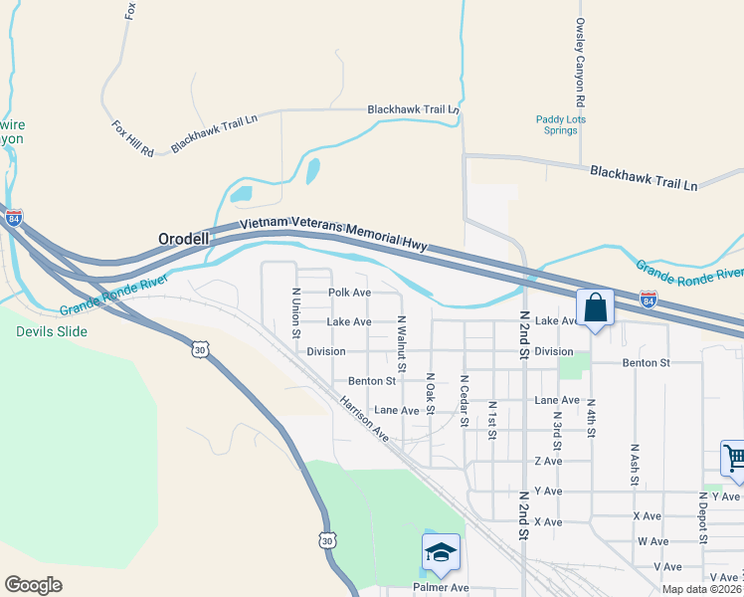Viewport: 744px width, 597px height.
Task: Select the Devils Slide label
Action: [51, 331]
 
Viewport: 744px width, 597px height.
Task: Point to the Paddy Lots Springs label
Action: [561, 125]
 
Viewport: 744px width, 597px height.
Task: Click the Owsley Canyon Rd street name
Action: [579, 62]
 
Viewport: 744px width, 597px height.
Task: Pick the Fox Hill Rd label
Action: [132, 138]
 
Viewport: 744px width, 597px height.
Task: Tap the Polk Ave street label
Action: [349, 293]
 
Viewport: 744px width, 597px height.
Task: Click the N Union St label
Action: [295, 312]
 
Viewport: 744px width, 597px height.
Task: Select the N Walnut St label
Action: [401, 344]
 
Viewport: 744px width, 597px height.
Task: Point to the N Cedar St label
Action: [464, 401]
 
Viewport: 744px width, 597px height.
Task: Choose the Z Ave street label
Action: [548, 461]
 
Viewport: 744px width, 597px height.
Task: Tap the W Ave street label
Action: [652, 541]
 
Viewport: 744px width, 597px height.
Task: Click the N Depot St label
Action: [702, 519]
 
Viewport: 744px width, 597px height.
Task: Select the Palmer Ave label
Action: [441, 588]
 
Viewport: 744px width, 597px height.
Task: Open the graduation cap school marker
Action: [441, 552]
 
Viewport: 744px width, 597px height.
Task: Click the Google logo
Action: [33, 585]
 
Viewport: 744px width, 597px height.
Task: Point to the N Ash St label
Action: [634, 464]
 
